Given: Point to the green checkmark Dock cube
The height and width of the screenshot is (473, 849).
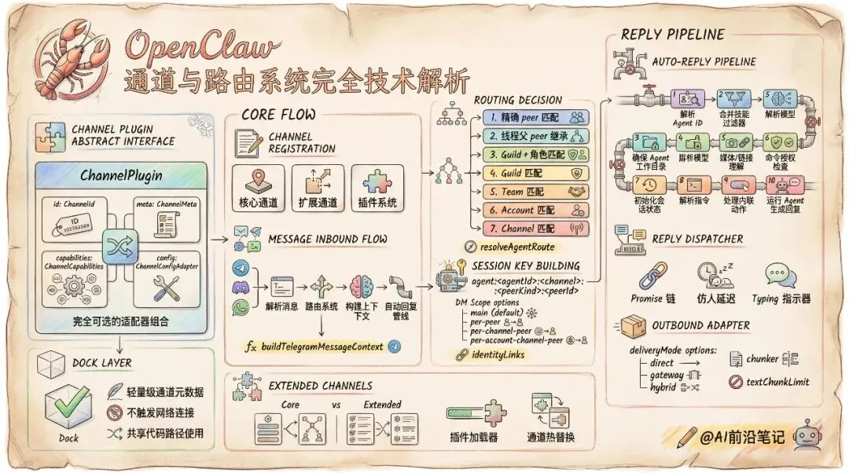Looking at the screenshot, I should [x=68, y=405].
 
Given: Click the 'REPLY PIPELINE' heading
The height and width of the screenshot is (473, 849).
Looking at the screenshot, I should [x=672, y=35].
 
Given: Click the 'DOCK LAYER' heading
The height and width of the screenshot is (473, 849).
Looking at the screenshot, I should [x=102, y=363].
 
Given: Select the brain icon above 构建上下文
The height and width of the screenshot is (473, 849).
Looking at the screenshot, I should [x=362, y=288].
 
